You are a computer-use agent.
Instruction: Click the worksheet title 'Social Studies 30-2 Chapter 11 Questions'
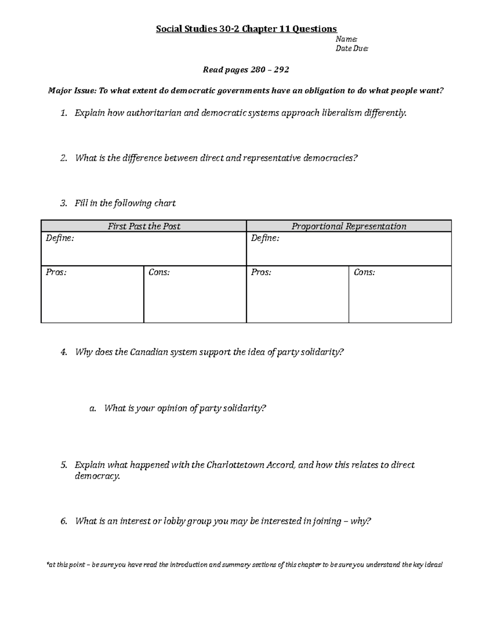(246, 29)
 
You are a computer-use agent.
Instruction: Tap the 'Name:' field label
(346, 39)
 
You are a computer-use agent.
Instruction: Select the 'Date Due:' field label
(352, 49)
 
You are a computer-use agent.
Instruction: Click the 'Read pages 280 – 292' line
(246, 70)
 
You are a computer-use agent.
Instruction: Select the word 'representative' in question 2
(272, 158)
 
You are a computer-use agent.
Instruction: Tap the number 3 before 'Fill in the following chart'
(63, 203)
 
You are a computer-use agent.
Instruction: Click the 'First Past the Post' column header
(144, 226)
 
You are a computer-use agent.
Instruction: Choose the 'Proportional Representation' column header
(349, 226)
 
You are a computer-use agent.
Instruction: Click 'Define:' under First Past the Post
(60, 238)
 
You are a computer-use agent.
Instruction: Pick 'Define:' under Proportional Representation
(265, 238)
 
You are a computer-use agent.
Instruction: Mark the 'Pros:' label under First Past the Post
(56, 272)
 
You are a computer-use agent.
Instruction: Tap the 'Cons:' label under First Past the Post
(159, 272)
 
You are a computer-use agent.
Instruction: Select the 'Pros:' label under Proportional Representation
(261, 272)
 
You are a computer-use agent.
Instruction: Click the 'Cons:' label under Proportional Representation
(364, 272)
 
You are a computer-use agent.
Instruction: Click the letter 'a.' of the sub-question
(92, 409)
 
